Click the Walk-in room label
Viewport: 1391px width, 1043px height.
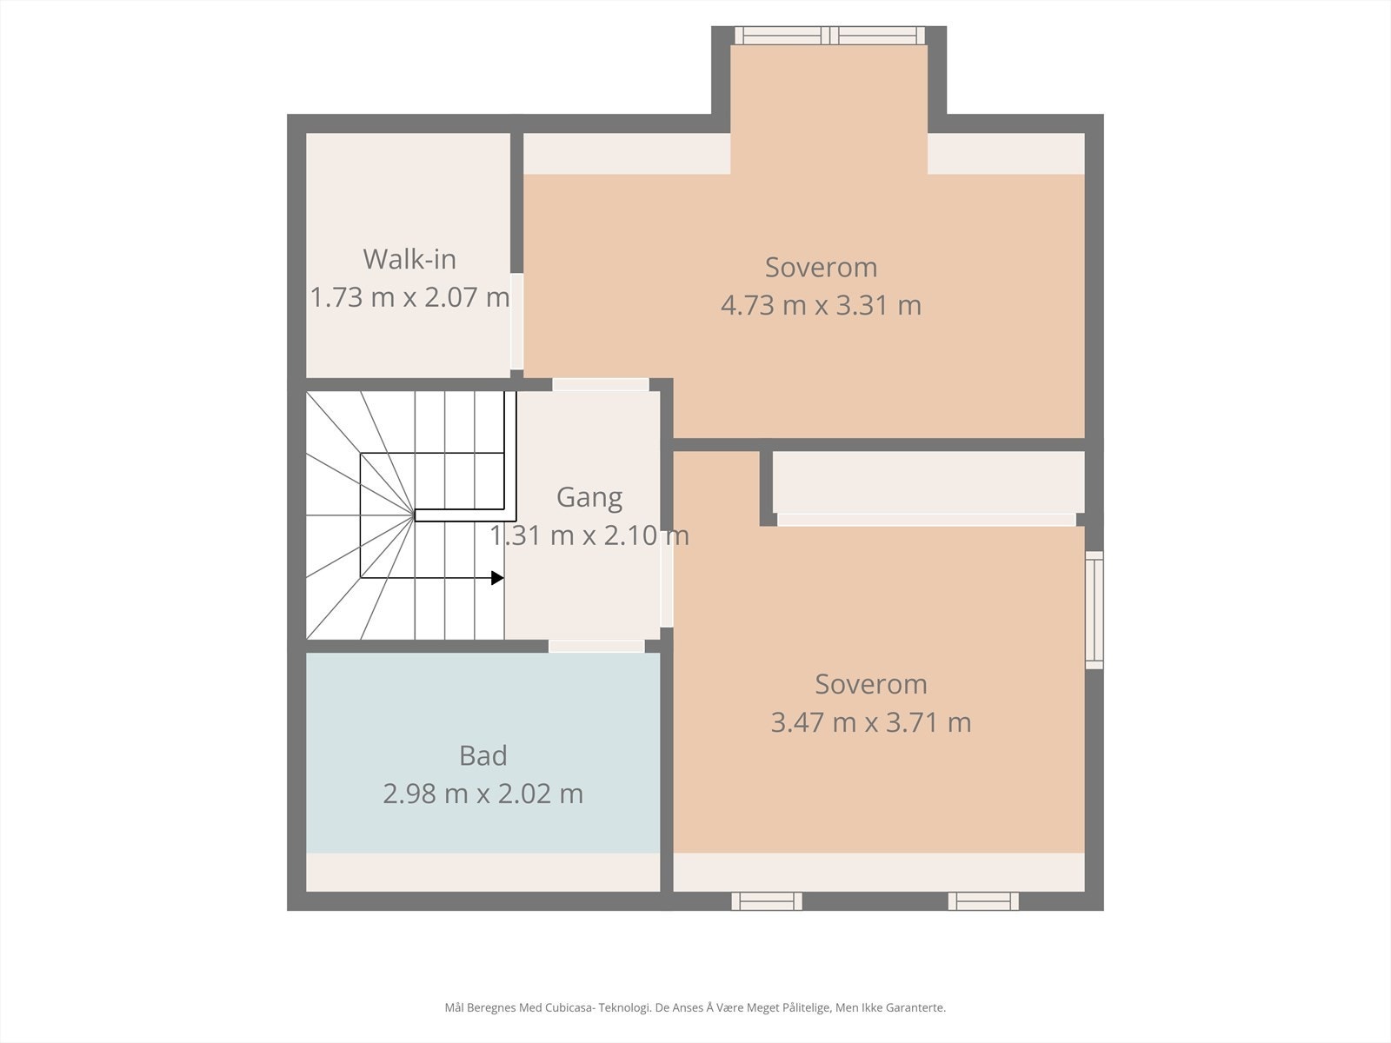click(409, 259)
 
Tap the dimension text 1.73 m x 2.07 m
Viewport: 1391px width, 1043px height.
click(409, 297)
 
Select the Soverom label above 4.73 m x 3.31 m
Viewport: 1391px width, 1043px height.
click(821, 267)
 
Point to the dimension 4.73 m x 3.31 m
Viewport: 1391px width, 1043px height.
click(821, 305)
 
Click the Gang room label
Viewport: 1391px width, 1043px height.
click(589, 498)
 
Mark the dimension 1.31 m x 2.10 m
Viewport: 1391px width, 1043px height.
click(589, 535)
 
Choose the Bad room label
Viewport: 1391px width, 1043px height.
click(483, 755)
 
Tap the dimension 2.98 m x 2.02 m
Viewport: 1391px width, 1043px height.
click(483, 794)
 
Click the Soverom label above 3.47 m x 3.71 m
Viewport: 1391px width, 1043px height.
click(871, 684)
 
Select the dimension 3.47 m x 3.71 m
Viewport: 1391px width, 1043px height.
click(871, 722)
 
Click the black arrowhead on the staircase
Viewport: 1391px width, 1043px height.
click(497, 577)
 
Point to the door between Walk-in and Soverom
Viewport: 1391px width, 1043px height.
click(517, 321)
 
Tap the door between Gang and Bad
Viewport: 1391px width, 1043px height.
click(596, 646)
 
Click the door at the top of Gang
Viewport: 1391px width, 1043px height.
click(600, 384)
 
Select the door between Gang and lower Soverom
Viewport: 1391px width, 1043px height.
click(666, 579)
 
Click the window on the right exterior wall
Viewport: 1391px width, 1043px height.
click(1095, 610)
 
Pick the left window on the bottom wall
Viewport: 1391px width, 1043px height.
click(767, 901)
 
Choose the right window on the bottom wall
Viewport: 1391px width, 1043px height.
click(983, 901)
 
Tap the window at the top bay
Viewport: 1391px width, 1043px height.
click(829, 36)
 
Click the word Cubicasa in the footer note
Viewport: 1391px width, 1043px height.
click(569, 1006)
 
